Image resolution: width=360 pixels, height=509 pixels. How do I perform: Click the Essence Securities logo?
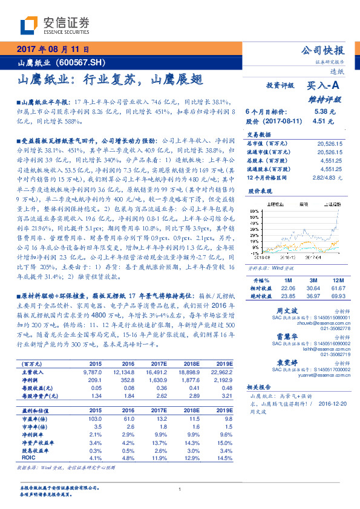[55, 25]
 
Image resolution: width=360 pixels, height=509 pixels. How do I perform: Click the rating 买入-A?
[326, 87]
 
